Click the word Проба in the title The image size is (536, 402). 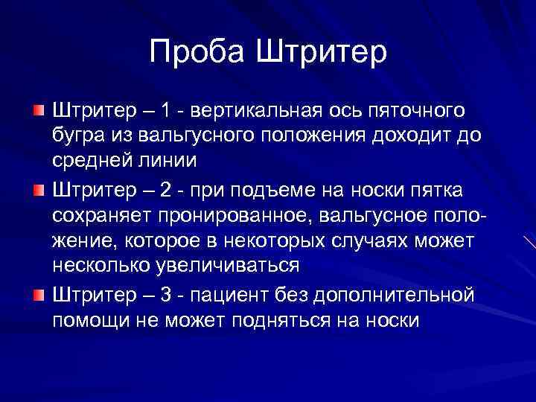pyautogui.click(x=196, y=52)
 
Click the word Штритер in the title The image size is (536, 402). pyautogui.click(x=322, y=52)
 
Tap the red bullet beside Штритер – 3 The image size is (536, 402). pyautogui.click(x=38, y=275)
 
